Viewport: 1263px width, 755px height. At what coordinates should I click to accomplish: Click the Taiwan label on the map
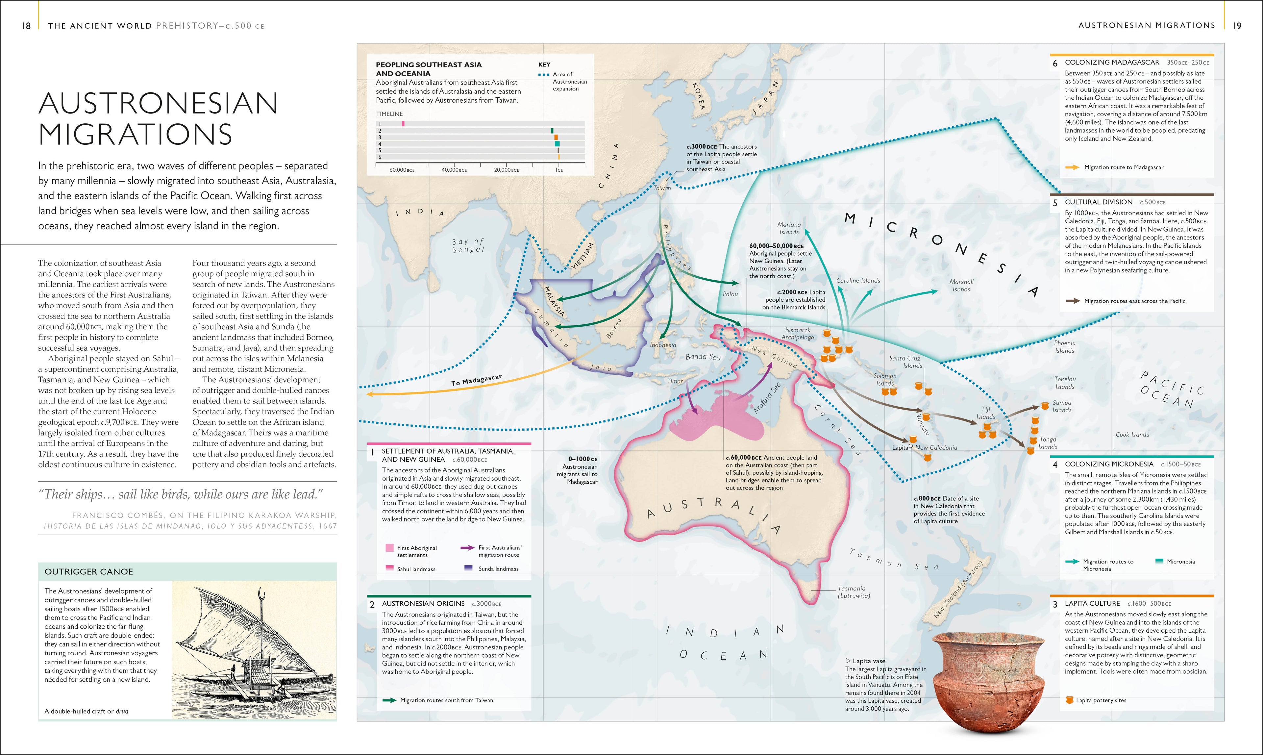click(662, 188)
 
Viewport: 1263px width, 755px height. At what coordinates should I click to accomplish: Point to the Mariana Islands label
click(789, 228)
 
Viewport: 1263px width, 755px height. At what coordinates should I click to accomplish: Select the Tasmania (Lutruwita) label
click(854, 592)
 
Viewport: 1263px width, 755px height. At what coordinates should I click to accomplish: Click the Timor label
click(675, 381)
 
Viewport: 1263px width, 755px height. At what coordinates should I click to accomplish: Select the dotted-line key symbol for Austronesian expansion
click(543, 74)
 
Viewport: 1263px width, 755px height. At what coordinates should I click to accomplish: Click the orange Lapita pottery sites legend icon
click(1069, 700)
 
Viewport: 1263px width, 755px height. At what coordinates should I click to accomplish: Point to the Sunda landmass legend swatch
click(468, 568)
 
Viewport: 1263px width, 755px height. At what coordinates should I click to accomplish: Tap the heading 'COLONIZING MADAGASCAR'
click(1111, 62)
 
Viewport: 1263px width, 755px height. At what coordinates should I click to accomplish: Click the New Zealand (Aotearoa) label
click(961, 590)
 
